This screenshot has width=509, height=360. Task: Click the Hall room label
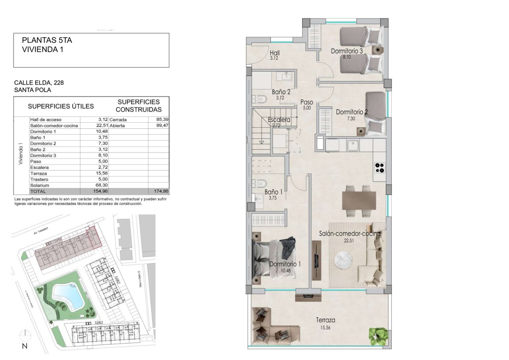coord(275,53)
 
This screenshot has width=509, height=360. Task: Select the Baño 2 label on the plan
coord(281,91)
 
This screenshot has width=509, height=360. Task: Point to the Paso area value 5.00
coord(307,107)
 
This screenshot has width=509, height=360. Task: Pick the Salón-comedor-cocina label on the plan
coord(349,233)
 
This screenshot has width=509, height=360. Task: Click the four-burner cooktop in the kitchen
coord(379,168)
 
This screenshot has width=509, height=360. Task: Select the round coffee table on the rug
coord(343,259)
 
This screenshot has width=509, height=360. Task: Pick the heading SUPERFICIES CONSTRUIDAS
coord(139,105)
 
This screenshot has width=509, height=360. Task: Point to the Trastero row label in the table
coord(39,179)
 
